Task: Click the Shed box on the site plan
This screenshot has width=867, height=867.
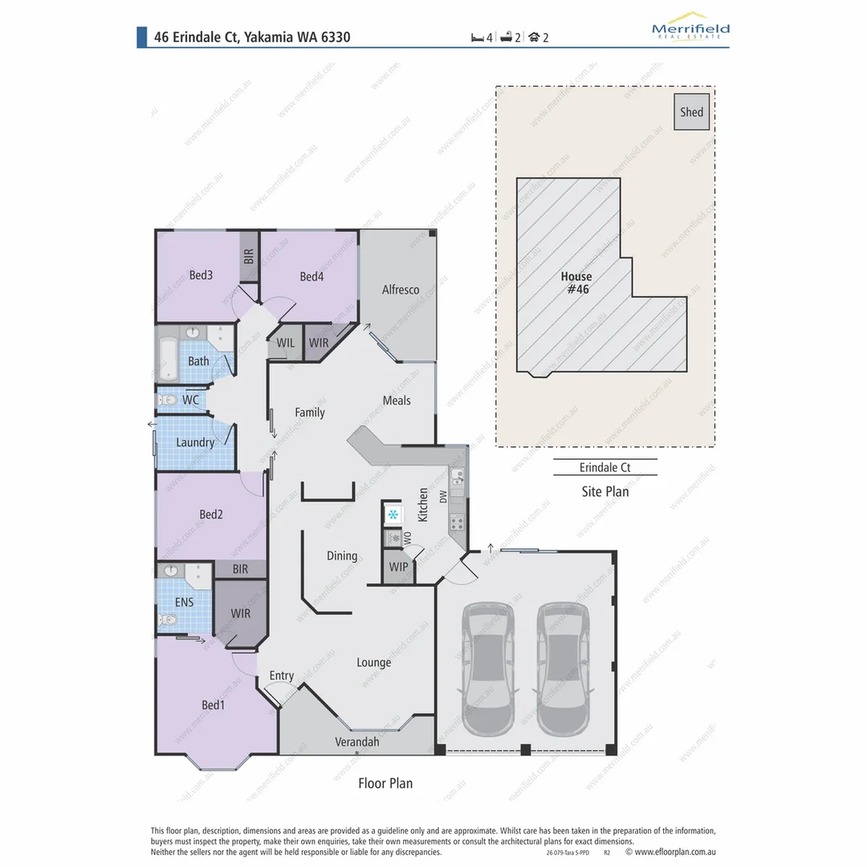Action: tap(691, 112)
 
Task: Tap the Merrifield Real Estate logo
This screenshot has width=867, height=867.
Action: tap(690, 28)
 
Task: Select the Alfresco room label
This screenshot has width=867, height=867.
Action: tap(400, 290)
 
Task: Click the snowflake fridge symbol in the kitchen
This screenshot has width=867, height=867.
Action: tap(393, 514)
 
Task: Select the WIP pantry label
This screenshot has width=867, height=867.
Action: tap(397, 567)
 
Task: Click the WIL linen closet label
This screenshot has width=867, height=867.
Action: tap(286, 343)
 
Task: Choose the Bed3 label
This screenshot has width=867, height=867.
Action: tap(201, 275)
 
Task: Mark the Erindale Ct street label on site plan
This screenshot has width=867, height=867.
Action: tap(605, 467)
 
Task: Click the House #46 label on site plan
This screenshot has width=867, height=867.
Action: tap(576, 283)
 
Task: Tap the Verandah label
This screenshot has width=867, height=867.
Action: tap(356, 742)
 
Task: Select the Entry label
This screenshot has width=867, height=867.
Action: tap(282, 676)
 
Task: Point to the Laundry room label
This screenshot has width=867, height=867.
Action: tap(195, 442)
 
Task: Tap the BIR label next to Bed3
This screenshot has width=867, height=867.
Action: tap(249, 257)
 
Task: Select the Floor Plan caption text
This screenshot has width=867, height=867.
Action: tap(385, 783)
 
